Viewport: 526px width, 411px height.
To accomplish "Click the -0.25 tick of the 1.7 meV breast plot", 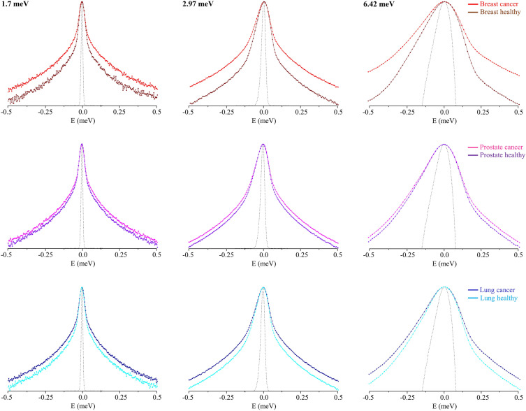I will coord(45,111).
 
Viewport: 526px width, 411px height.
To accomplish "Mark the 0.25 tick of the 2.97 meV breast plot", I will coord(300,111).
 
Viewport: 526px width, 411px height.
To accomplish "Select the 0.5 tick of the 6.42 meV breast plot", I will coord(518,111).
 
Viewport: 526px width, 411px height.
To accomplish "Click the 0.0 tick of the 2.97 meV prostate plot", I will coord(263,254).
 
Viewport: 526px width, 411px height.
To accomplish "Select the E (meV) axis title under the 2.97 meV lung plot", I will coord(263,406).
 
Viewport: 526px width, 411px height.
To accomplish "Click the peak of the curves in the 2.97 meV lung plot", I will coord(263,287).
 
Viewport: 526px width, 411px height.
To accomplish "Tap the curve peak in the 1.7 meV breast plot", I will coord(82,2).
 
